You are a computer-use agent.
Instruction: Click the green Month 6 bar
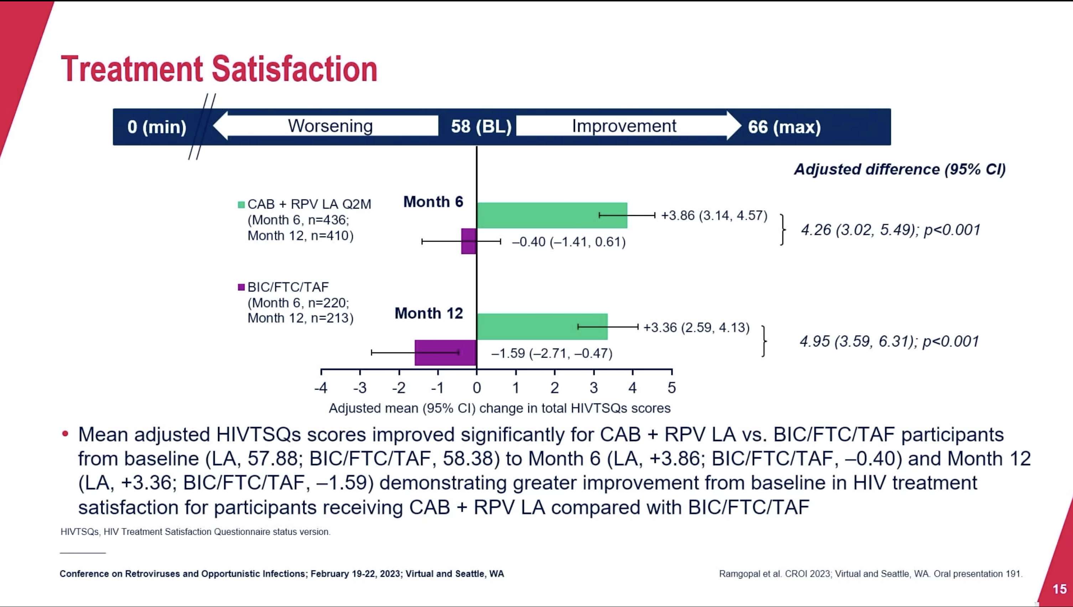(x=552, y=215)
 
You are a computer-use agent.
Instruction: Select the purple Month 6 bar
(x=469, y=241)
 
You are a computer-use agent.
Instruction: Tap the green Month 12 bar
(x=543, y=326)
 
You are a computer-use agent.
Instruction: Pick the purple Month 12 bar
(x=446, y=353)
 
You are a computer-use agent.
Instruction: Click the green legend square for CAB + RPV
(x=241, y=205)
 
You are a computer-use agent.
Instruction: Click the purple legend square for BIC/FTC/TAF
(x=241, y=287)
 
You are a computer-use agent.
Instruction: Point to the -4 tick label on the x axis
(x=321, y=388)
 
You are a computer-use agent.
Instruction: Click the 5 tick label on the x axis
(x=672, y=388)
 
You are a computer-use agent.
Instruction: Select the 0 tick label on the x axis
(x=477, y=388)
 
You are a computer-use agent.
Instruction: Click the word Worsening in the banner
(x=330, y=126)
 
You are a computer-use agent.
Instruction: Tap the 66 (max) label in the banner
(x=784, y=127)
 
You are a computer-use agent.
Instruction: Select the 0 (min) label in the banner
(x=157, y=127)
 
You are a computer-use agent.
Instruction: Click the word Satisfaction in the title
(x=295, y=69)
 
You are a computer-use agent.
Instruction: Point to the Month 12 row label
(x=429, y=313)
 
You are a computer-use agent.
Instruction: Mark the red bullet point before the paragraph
(x=65, y=434)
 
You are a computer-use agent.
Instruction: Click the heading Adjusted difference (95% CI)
(x=900, y=169)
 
